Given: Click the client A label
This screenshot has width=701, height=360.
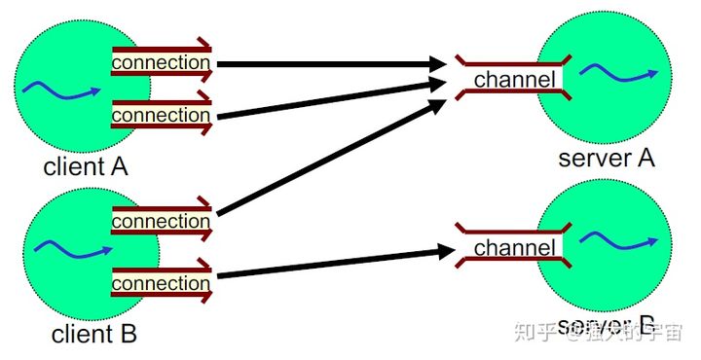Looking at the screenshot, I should [x=86, y=166].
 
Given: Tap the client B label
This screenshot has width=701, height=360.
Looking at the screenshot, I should [x=93, y=334].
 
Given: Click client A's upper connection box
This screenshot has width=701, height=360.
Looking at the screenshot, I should [x=162, y=63].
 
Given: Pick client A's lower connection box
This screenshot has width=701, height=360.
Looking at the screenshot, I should [x=162, y=115].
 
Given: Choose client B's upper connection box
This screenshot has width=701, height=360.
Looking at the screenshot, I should [x=162, y=221].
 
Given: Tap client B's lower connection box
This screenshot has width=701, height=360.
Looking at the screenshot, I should [x=162, y=283].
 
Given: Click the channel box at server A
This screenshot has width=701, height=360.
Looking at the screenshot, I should [x=515, y=79].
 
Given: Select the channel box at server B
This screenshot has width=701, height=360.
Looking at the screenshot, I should [x=515, y=248].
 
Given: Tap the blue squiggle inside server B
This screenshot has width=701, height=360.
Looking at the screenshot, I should [x=613, y=238].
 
